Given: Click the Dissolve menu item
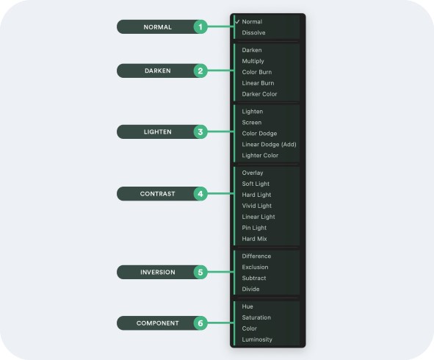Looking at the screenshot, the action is (x=253, y=32).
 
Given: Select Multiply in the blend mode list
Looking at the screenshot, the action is (x=253, y=61).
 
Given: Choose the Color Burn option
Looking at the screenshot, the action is (x=257, y=72).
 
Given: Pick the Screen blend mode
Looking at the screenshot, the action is (x=252, y=123).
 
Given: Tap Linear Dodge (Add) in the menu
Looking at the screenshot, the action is (x=269, y=144).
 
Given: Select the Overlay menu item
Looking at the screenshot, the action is (x=253, y=173).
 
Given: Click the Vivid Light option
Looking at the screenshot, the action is (x=257, y=206).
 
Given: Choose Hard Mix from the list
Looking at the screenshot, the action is (x=254, y=239).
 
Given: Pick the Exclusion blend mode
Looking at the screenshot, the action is (x=255, y=267).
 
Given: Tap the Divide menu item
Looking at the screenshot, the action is (x=250, y=289).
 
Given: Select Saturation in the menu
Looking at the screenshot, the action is (x=256, y=317).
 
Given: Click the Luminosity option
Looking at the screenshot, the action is (x=257, y=339).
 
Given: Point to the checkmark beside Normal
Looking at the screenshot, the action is (x=237, y=21).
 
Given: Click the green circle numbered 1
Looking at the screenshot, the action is (x=200, y=27).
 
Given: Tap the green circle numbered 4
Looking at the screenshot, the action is (x=200, y=193).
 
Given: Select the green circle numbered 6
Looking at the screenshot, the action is (x=200, y=323).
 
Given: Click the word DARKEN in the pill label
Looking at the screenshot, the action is (x=158, y=71).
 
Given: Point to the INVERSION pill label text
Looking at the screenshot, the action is (x=158, y=273).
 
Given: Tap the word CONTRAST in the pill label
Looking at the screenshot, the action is (x=157, y=194).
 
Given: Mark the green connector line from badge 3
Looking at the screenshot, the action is (x=220, y=132).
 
